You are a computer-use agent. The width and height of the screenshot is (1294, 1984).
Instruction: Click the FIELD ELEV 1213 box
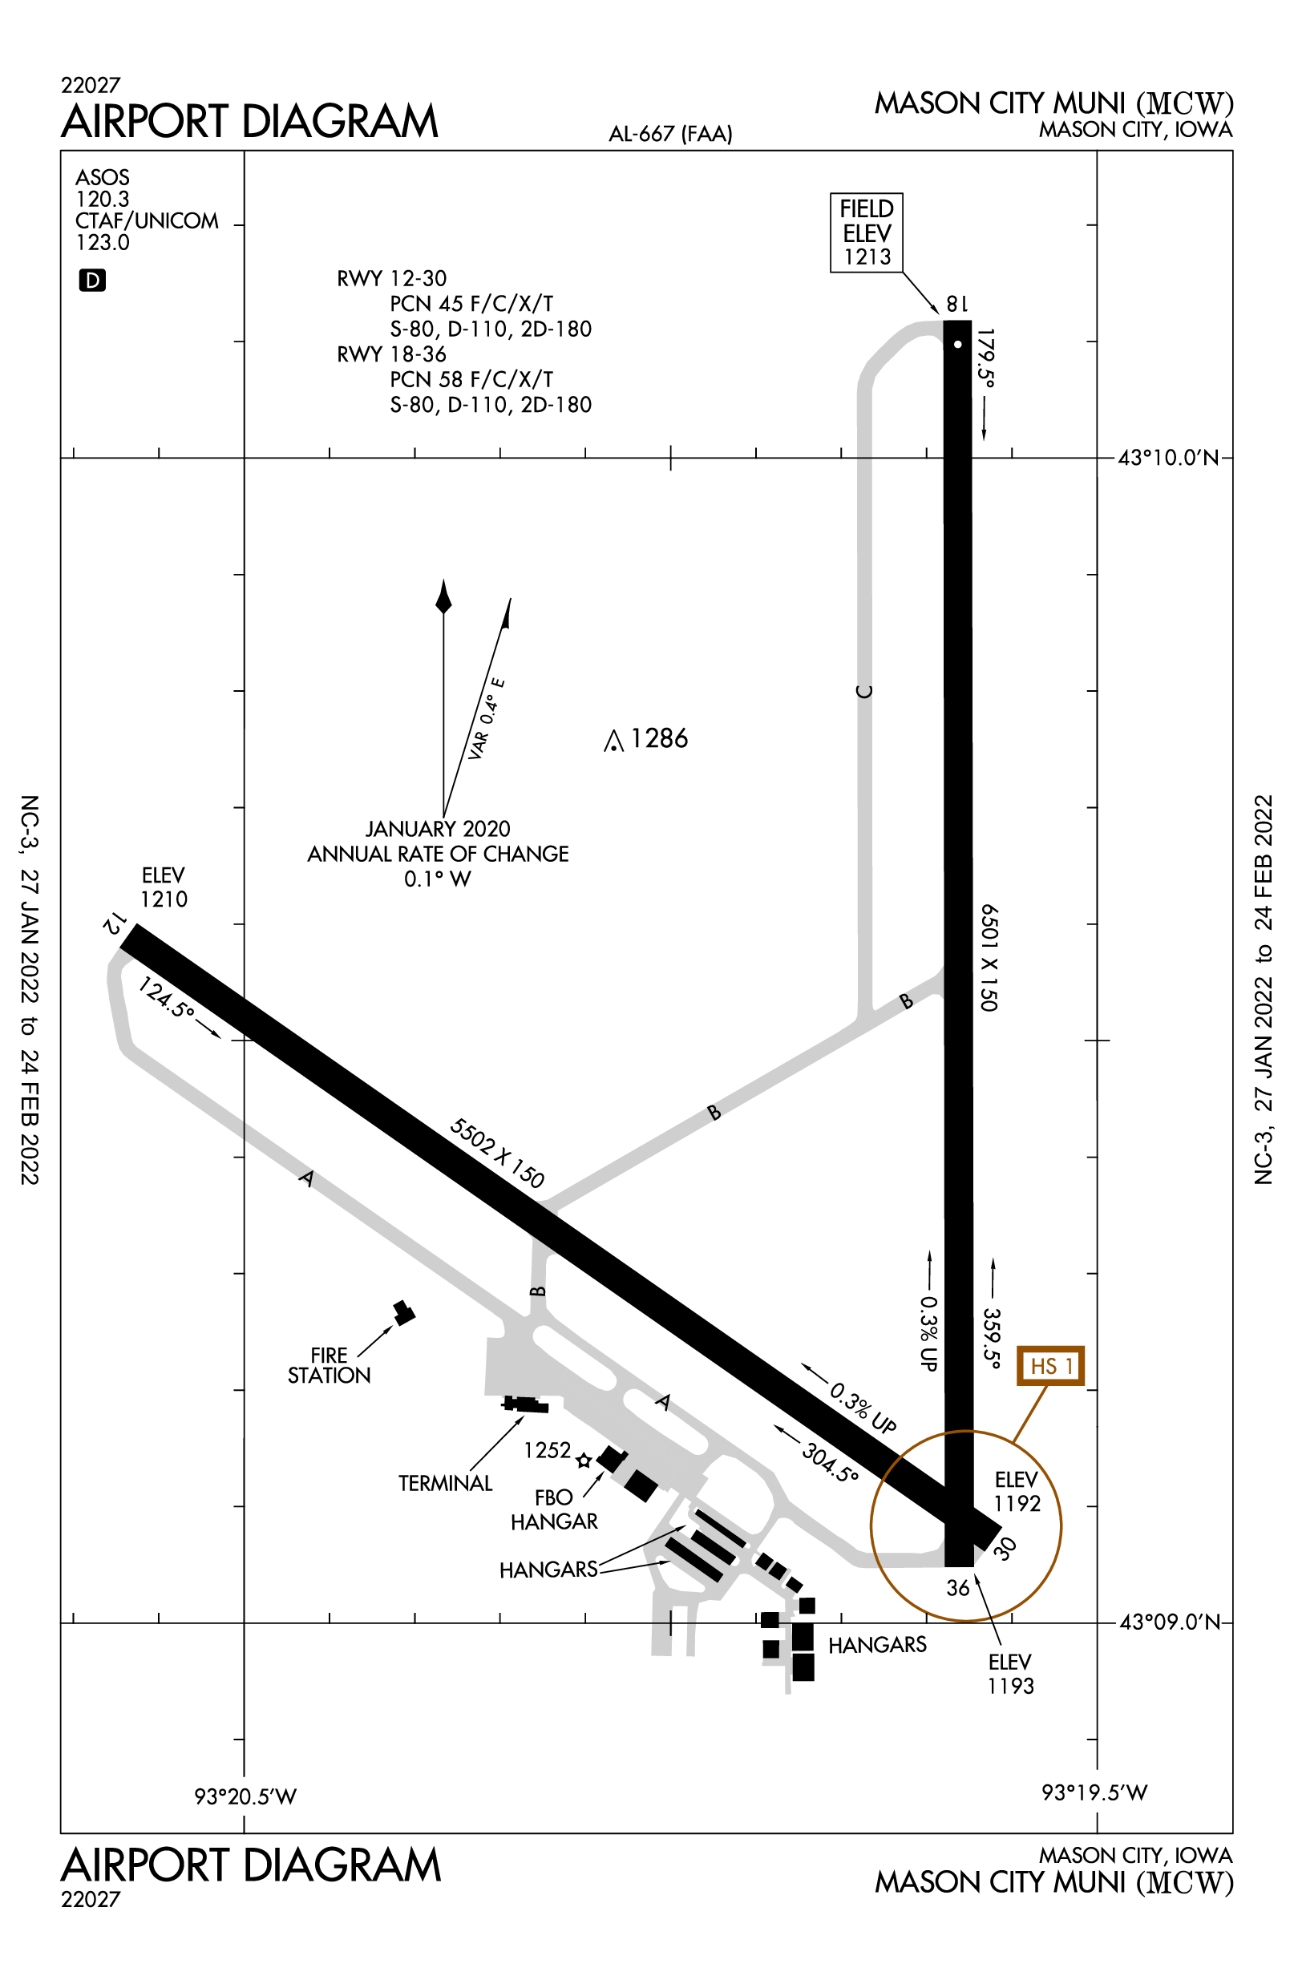[867, 232]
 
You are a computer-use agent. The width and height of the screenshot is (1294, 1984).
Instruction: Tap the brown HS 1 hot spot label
[1050, 1365]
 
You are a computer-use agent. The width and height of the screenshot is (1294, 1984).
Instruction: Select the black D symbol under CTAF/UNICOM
[91, 280]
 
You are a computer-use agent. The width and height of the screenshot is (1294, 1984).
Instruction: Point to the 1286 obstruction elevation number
[659, 737]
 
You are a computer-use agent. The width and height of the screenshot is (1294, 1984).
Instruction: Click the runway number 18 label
[956, 305]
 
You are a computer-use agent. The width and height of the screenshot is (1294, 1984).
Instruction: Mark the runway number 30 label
[1005, 1548]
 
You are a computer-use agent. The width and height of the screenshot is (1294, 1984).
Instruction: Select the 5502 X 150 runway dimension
[497, 1153]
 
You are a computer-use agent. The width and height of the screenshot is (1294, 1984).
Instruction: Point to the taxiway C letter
[864, 691]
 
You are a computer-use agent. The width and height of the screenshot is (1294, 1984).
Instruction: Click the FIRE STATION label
[330, 1365]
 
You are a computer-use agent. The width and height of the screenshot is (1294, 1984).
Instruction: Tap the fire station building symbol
[404, 1312]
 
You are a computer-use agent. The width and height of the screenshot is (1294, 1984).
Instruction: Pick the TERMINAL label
[445, 1483]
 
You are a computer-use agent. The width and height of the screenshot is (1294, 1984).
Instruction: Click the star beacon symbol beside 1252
[584, 1460]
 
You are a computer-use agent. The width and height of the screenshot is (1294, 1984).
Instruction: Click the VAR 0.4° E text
[486, 718]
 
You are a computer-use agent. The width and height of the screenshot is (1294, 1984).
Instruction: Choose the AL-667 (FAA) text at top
[670, 133]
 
